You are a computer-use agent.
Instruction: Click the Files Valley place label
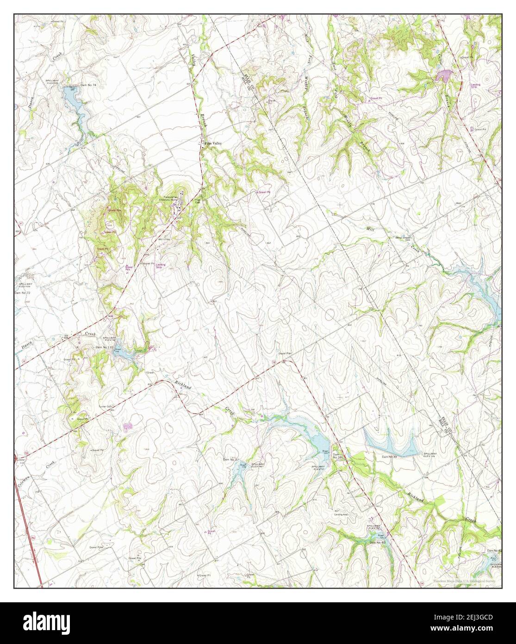tap(213, 144)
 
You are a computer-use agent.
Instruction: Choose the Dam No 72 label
tap(22, 293)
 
